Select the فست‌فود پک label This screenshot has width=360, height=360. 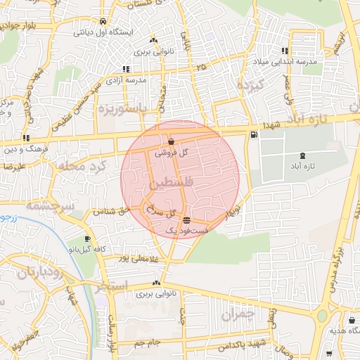coord(186,230)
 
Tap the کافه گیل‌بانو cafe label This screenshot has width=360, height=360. coord(86,249)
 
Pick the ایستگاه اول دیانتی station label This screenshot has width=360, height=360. coord(103,32)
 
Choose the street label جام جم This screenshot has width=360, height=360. coord(148,342)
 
